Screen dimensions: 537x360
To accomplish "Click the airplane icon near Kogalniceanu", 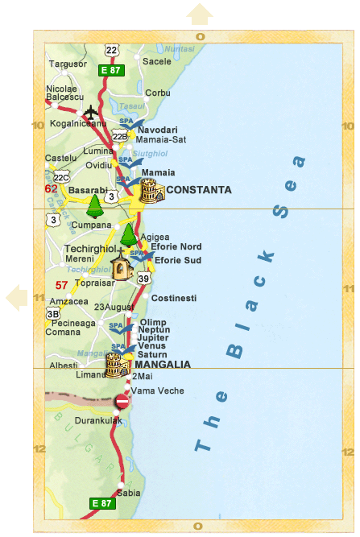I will coord(90,111).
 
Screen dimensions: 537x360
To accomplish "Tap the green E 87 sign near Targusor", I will coord(110,70).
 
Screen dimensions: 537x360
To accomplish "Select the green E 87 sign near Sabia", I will coord(102,503).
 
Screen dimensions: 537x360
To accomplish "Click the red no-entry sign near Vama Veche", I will coord(122,401).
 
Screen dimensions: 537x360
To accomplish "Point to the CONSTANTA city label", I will coord(199,190).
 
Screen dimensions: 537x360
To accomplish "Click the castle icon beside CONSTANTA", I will coord(151,191).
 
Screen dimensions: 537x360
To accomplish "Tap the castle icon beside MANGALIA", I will coord(118,365).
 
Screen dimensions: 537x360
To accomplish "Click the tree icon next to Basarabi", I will coord(95,206).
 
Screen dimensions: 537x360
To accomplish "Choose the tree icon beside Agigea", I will coord(128,235).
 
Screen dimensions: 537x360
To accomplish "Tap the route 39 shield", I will coord(144,279).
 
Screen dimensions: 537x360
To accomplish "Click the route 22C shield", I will coord(62,177).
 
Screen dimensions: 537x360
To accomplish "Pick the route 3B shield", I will coord(53,313).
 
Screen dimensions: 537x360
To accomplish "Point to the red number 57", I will coord(61,285).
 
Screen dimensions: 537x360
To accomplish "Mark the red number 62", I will coord(51,188).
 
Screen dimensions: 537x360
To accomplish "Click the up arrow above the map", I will coord(200,14).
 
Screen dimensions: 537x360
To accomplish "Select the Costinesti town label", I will coord(174,298).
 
